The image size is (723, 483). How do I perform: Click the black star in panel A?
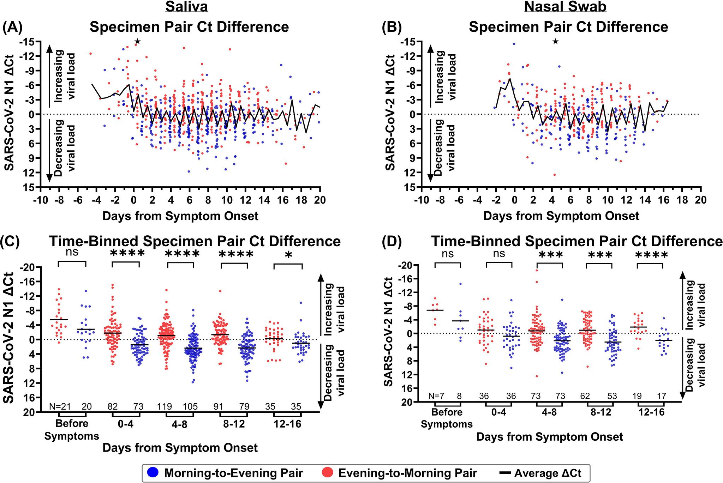138,42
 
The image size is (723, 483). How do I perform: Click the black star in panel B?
555,42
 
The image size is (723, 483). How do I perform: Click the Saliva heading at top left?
189,7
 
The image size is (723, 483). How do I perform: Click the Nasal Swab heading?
565,7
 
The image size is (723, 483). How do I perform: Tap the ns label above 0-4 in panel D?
499,253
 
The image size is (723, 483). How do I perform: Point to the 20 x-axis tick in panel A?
320,200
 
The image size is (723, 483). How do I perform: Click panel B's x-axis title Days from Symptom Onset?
561,216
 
